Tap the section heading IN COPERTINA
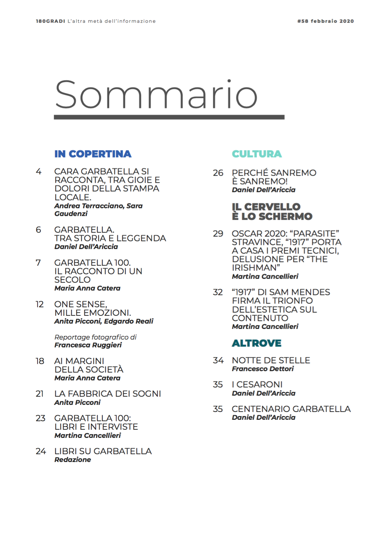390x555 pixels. coord(93,154)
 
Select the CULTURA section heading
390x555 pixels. coord(257,154)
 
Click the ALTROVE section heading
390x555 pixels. coord(256,343)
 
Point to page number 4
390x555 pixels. coord(39,172)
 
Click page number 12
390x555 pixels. coord(40,304)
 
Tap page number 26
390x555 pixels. coord(218,173)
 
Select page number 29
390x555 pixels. coord(218,234)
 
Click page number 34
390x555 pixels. coord(218,361)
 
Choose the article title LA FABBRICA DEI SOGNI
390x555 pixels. coord(107,394)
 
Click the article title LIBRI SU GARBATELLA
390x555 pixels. coord(103,451)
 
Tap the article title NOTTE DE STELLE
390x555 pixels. coord(271,361)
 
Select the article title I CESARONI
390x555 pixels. coord(257,385)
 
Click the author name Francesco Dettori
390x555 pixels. coord(263,369)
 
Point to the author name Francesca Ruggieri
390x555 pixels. coord(88,345)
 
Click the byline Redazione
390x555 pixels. coord(73,460)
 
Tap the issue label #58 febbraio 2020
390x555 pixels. coord(325,21)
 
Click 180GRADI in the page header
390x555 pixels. coord(50,21)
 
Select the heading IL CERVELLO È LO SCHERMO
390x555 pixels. coord(272,212)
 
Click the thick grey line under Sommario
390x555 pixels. coord(169,117)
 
